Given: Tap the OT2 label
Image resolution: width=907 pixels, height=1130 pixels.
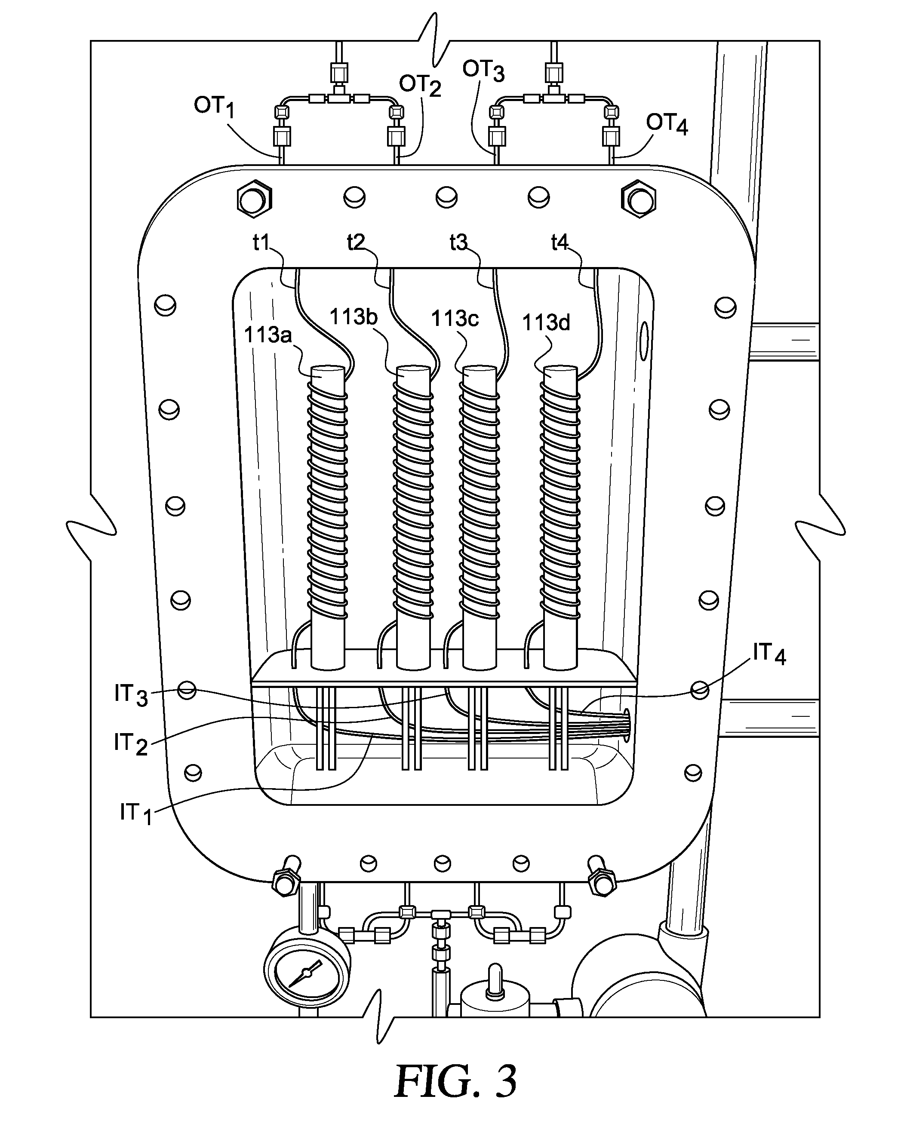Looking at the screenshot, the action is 420,86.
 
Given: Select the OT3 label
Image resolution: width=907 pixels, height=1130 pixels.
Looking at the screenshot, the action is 483,71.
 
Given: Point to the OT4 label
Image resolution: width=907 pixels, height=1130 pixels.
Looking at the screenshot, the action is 667,125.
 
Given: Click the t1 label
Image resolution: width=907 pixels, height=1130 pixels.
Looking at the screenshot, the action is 261,243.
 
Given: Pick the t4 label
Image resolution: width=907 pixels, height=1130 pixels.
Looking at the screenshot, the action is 560,243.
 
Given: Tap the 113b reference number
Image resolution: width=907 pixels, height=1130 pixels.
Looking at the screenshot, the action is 354,316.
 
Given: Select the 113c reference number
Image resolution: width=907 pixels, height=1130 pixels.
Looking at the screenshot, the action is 455,319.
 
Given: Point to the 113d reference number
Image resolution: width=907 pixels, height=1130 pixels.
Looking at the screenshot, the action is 546,322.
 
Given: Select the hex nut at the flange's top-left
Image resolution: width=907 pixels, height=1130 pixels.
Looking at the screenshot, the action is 254,200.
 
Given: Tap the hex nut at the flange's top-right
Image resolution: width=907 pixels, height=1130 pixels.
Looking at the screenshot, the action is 638,200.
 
